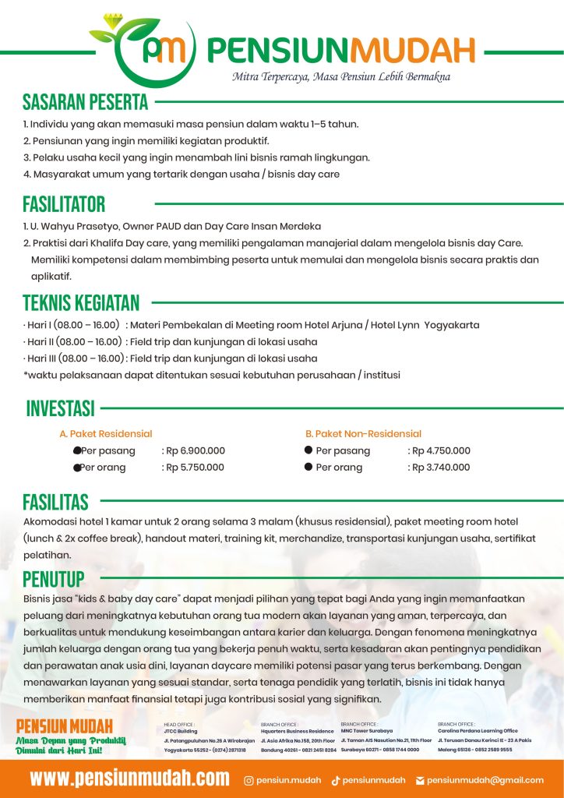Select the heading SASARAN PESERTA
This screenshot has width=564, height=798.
[x=85, y=102]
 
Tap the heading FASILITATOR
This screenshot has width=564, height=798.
[x=63, y=205]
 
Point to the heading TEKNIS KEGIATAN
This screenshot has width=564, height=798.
[x=81, y=303]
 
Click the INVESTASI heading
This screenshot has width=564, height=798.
[x=60, y=408]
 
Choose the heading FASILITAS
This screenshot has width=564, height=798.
[x=55, y=502]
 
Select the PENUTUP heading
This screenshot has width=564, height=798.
[x=54, y=579]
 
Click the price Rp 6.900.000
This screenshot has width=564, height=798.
[x=194, y=450]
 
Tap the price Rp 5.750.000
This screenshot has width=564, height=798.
[x=194, y=468]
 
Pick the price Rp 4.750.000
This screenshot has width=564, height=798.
[x=441, y=450]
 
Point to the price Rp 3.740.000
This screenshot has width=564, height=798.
[x=441, y=468]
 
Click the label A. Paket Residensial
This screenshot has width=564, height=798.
[x=106, y=433]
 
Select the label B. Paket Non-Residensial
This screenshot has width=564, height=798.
[x=363, y=433]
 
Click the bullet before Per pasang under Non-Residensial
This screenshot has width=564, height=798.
[x=308, y=450]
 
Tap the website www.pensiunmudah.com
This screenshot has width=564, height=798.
[x=130, y=778]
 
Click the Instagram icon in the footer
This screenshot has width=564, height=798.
[x=249, y=779]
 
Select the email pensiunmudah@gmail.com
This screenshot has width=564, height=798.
[x=485, y=779]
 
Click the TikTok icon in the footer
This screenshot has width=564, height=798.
[x=336, y=779]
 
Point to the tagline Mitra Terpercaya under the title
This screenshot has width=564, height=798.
[x=341, y=76]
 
